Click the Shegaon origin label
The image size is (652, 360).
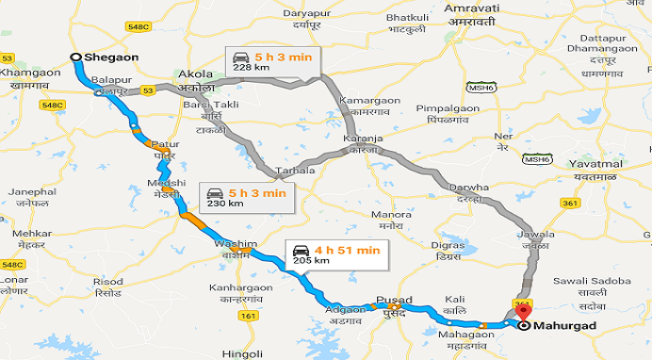coord(111,57)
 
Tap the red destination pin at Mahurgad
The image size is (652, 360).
coord(525,309)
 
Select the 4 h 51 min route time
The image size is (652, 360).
coord(347,250)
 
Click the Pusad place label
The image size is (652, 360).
coord(394,300)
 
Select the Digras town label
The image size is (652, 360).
coord(447,245)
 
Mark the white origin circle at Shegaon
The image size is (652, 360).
coord(76,57)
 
